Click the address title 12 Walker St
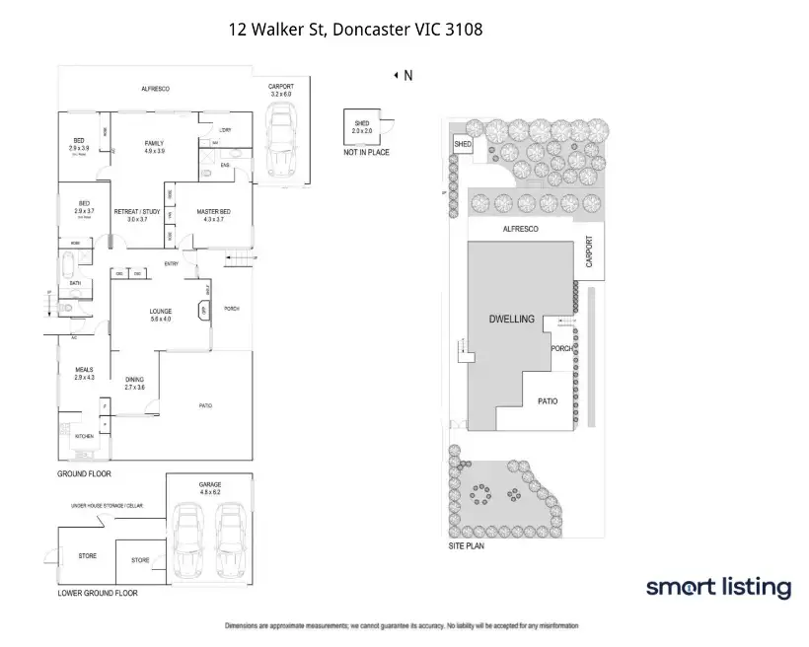coord(355,30)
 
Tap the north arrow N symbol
coord(403,75)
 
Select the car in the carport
coord(282,142)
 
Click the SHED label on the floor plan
coord(361,123)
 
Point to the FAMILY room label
coord(154,144)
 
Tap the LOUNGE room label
coord(161,312)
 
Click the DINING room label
coord(135,380)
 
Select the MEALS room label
coord(84,370)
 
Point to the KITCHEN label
coord(84,435)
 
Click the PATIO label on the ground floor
coord(206,405)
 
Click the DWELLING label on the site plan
coord(511,320)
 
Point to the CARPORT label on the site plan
coord(590,252)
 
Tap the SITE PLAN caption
coord(470,545)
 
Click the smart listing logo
coord(718,588)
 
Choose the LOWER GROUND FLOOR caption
coord(98,593)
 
